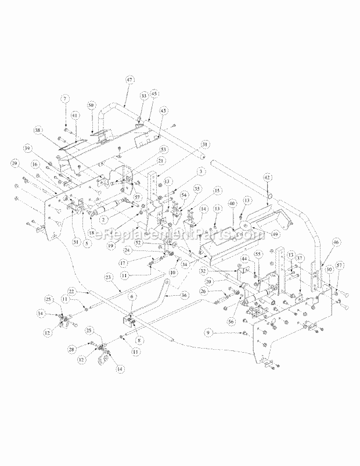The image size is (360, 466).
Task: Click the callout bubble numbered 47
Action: pyautogui.click(x=129, y=81)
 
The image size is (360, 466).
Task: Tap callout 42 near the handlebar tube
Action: pyautogui.click(x=267, y=177)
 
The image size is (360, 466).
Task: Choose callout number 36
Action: pyautogui.click(x=184, y=295)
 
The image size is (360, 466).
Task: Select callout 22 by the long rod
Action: pyautogui.click(x=71, y=290)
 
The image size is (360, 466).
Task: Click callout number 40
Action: pyautogui.click(x=231, y=204)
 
